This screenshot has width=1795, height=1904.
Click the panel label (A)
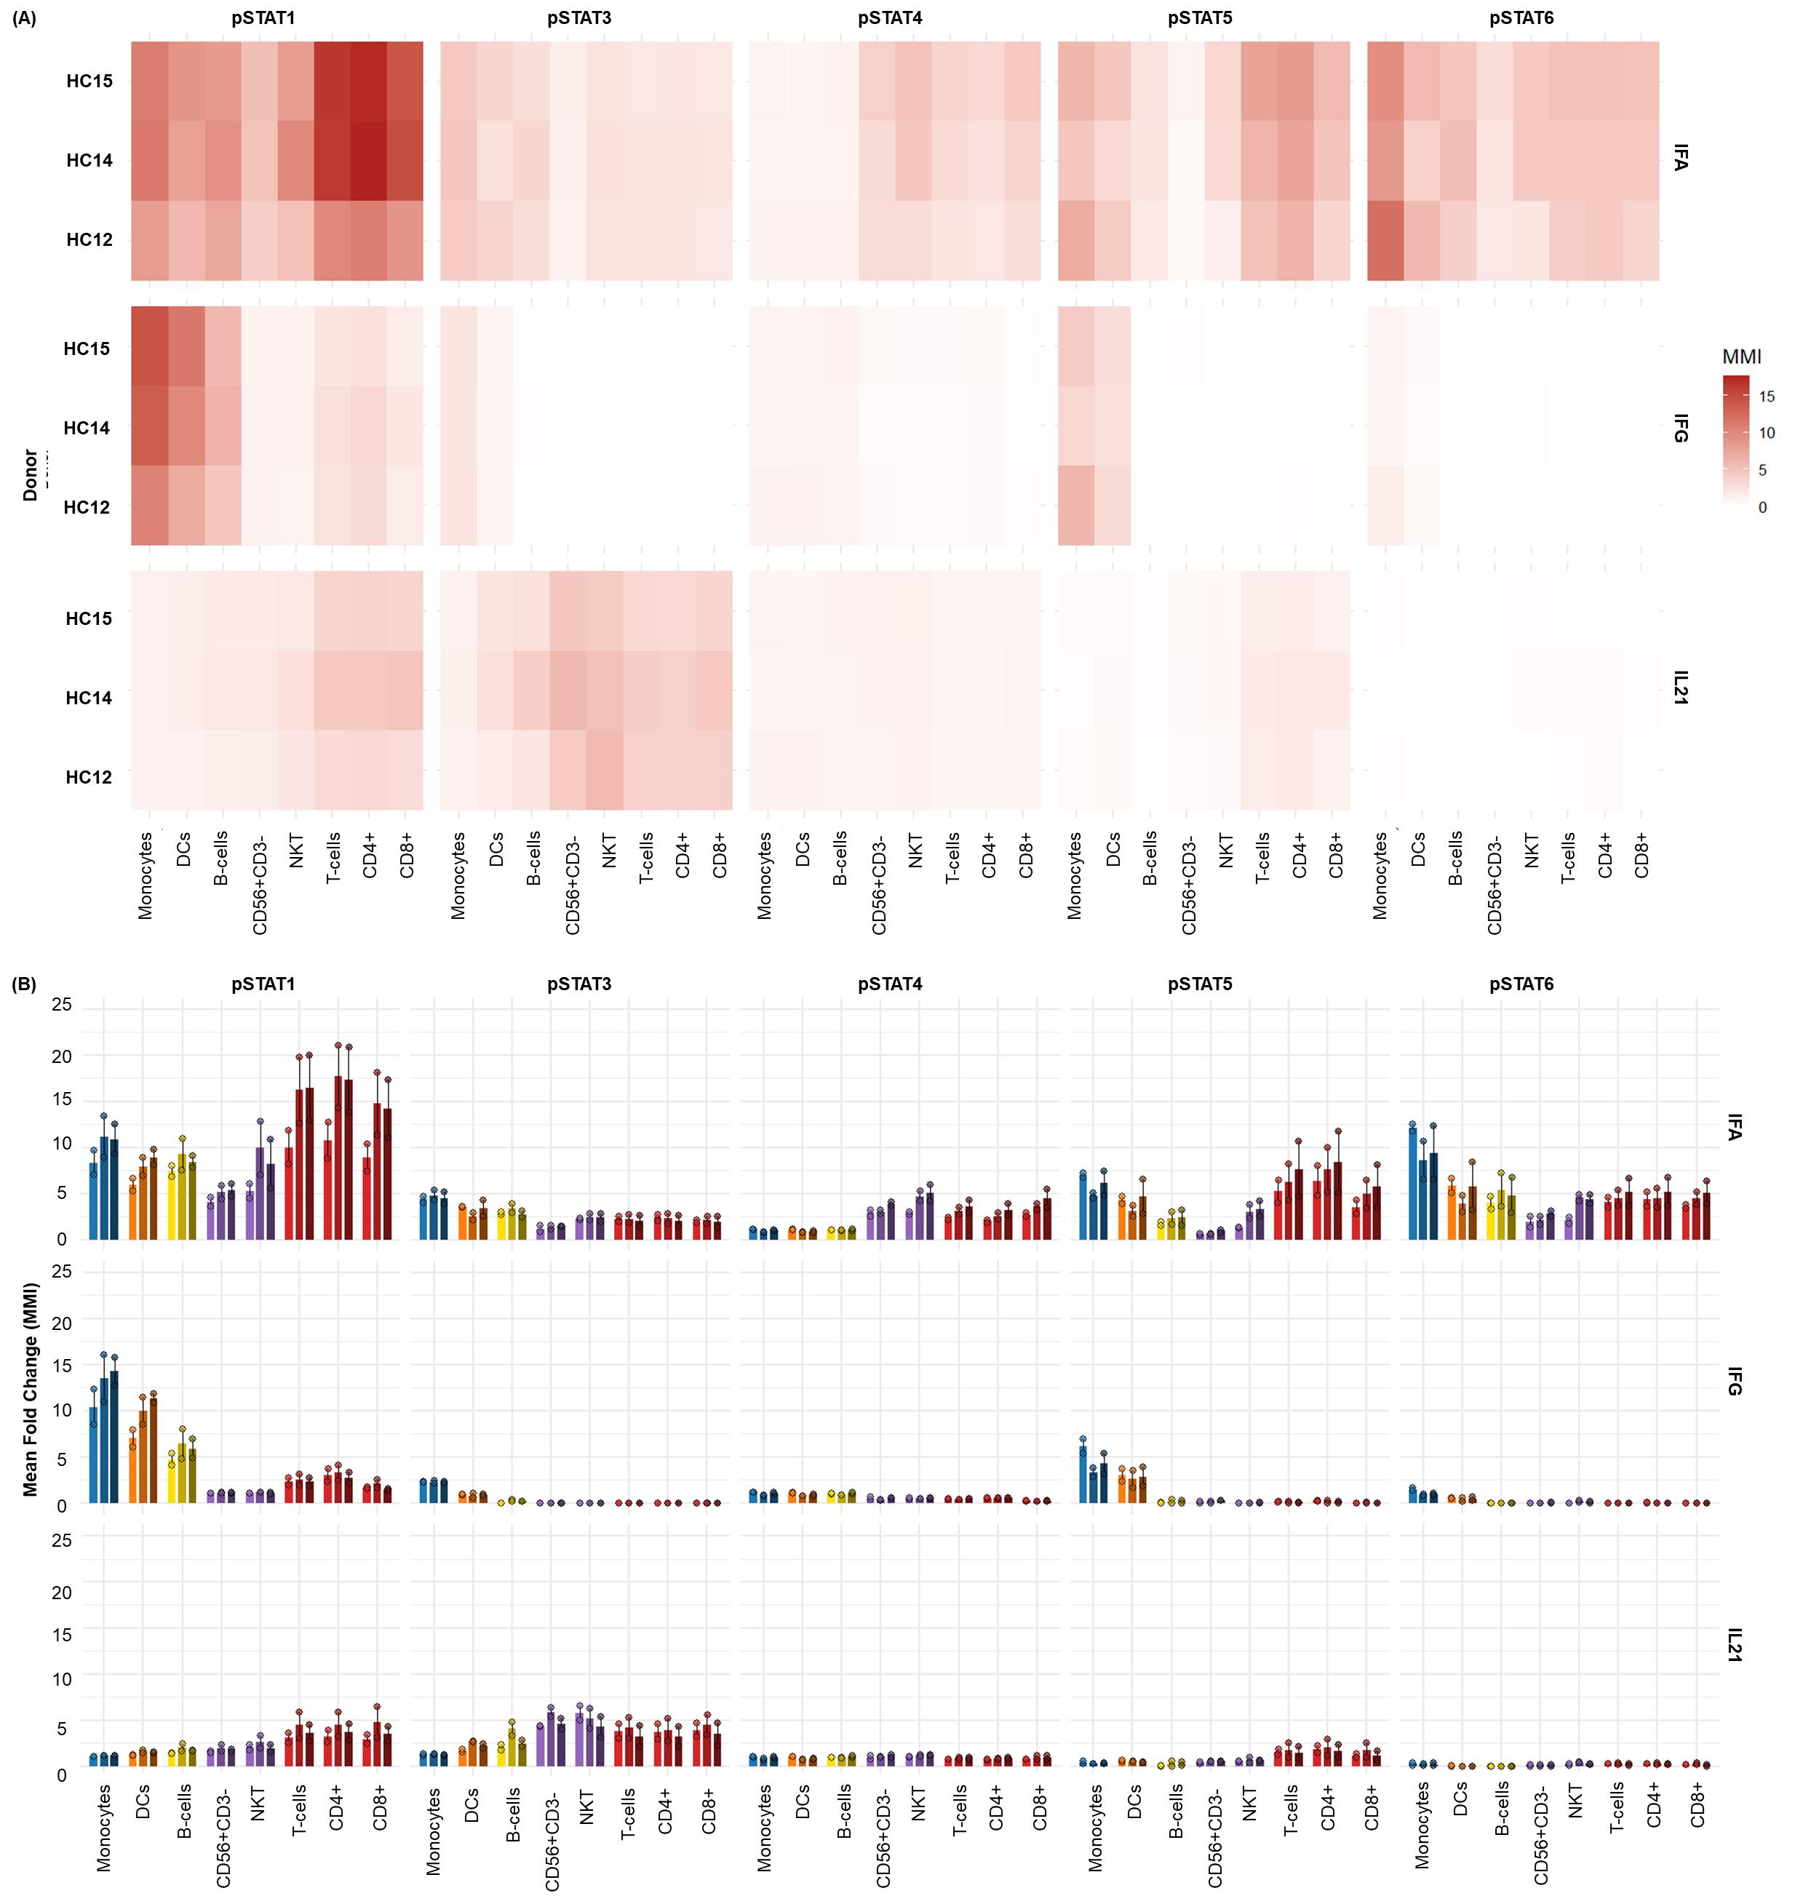[24, 18]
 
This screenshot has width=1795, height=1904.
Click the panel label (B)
[24, 984]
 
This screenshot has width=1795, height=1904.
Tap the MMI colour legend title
[1741, 357]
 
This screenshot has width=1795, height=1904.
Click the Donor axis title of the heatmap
[31, 474]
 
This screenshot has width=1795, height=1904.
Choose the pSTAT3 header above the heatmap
[579, 18]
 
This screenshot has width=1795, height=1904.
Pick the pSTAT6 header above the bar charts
[1521, 984]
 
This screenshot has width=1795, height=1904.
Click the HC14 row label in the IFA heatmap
[89, 161]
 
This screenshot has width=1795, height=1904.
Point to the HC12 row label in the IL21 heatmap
[89, 778]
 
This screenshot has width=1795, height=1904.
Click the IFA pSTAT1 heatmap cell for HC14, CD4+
[369, 161]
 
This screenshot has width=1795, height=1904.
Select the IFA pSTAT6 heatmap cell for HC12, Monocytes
[1385, 240]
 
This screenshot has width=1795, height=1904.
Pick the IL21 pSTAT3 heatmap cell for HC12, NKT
[605, 770]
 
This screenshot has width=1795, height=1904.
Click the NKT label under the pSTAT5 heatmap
[1226, 851]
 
